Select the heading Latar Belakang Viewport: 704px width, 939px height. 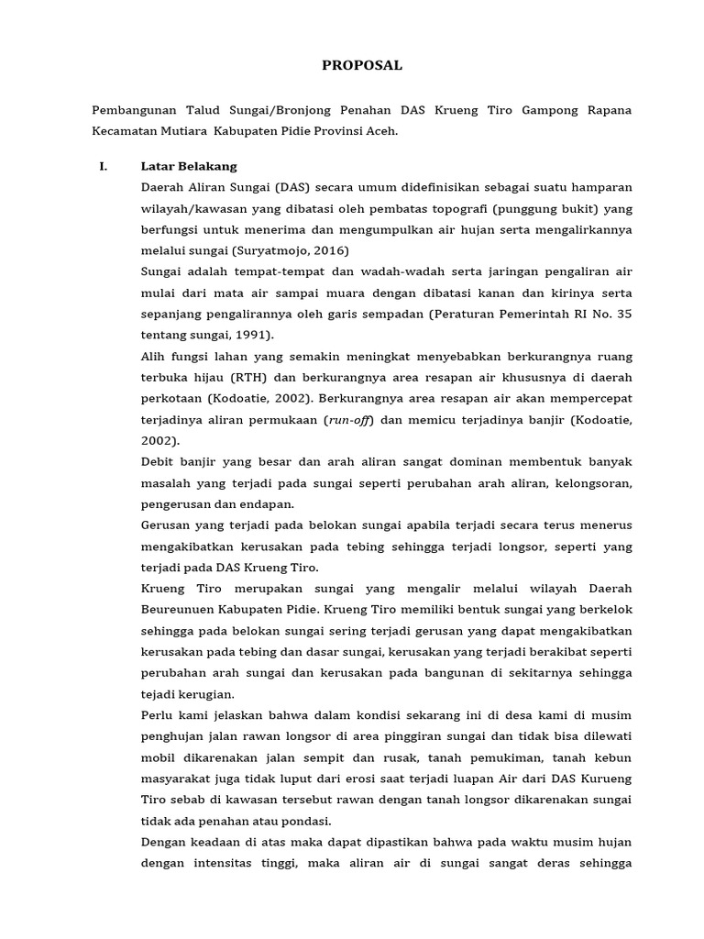tap(188, 166)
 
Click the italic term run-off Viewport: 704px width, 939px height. tap(349, 419)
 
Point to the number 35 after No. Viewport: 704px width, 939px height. tap(623, 314)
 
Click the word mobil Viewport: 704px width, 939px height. tap(159, 757)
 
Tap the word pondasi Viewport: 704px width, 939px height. tap(303, 821)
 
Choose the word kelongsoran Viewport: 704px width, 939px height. tap(592, 482)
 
